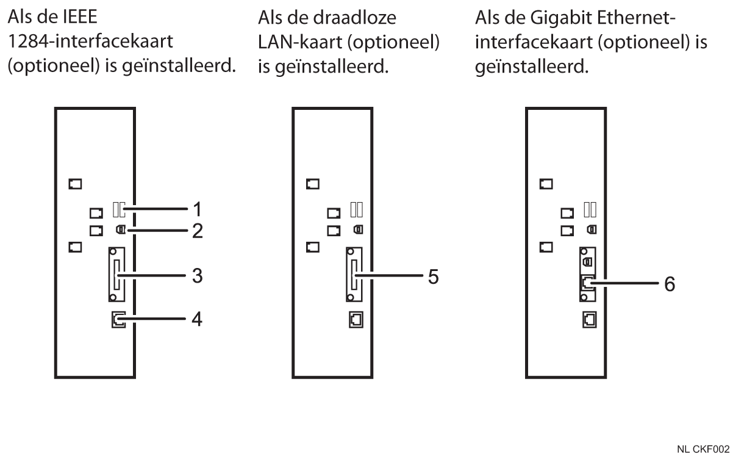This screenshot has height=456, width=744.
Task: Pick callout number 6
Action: coord(670,284)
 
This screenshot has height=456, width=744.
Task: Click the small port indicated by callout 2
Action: coord(120,231)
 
